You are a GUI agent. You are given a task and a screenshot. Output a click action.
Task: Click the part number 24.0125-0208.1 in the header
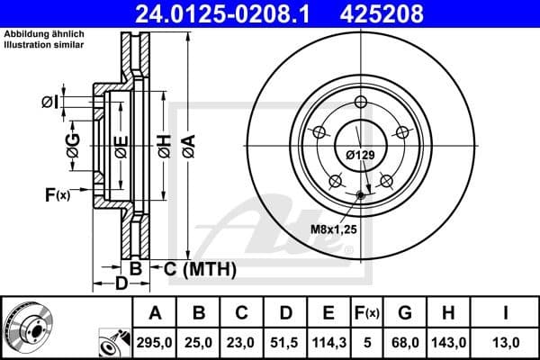tap(231, 13)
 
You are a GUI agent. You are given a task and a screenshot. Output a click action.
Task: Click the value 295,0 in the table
tap(155, 343)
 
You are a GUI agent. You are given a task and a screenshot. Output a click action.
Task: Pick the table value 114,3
tap(328, 343)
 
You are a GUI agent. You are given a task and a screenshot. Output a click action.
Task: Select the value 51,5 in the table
tap(285, 343)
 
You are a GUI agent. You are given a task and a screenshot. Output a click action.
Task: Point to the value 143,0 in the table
tap(447, 343)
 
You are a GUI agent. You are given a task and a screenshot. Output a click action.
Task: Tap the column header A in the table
tap(155, 313)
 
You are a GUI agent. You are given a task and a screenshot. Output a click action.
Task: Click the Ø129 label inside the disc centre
tap(360, 156)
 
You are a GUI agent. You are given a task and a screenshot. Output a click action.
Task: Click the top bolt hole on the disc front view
tap(360, 101)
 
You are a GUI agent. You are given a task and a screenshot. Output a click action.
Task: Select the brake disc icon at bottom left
tap(28, 328)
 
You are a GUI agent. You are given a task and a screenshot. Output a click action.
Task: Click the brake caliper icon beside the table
tap(112, 343)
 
